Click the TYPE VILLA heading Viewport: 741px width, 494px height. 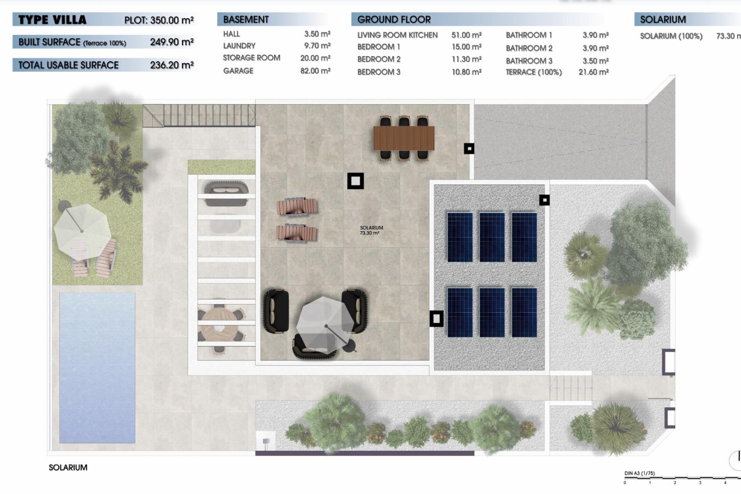52,20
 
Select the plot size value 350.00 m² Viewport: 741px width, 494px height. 171,20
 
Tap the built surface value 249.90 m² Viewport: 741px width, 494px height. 171,42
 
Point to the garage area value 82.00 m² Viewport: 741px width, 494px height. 315,71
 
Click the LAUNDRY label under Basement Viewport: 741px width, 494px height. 239,46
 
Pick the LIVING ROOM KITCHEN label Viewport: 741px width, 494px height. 397,35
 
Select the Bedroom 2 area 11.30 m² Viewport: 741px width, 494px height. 466,59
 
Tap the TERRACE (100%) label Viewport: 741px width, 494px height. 533,72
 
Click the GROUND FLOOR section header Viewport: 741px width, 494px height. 394,20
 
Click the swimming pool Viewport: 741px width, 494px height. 97,367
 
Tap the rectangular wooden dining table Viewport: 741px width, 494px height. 403,138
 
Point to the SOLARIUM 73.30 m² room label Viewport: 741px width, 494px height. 371,230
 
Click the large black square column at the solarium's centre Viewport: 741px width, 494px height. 355,181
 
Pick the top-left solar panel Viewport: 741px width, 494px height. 460,237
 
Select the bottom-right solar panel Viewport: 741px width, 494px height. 524,312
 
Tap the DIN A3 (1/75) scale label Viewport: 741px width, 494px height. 639,473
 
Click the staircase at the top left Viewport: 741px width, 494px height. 199,115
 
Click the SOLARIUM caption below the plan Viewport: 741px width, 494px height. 68,467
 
